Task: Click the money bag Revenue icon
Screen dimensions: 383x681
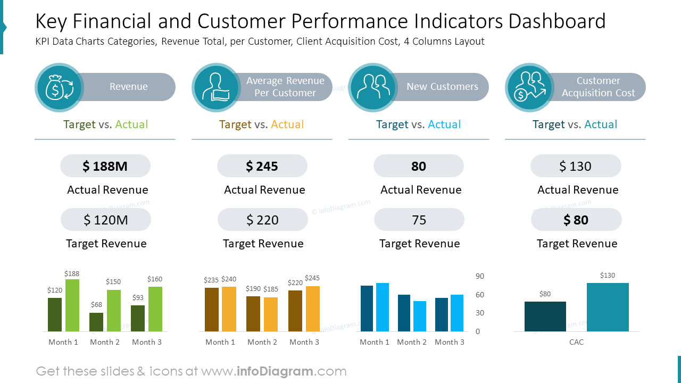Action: pos(59,87)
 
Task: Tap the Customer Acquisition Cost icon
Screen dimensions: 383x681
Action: pos(529,87)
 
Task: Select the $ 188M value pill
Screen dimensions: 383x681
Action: pos(105,166)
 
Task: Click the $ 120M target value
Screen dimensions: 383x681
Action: pos(105,220)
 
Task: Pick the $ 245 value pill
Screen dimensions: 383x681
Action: pos(262,166)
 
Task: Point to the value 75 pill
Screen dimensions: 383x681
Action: pos(419,220)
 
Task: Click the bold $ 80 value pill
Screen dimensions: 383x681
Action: pos(576,220)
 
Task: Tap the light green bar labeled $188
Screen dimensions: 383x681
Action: pos(72,305)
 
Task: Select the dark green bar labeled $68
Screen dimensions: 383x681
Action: pos(96,322)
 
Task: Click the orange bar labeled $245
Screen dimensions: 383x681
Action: pos(313,309)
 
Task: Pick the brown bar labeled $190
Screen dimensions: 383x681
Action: pos(253,314)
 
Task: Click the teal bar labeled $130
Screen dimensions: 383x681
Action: pos(608,307)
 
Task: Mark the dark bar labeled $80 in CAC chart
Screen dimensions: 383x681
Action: pos(545,317)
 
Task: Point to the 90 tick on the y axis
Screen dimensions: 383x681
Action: pos(480,276)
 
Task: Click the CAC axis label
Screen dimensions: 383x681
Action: pos(576,342)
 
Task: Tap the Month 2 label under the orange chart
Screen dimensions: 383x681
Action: pos(262,342)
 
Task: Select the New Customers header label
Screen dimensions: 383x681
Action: pos(442,87)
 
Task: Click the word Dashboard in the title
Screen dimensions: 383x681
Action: pos(557,21)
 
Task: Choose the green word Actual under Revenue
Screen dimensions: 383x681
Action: pos(131,124)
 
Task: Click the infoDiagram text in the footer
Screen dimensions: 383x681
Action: pos(275,371)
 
